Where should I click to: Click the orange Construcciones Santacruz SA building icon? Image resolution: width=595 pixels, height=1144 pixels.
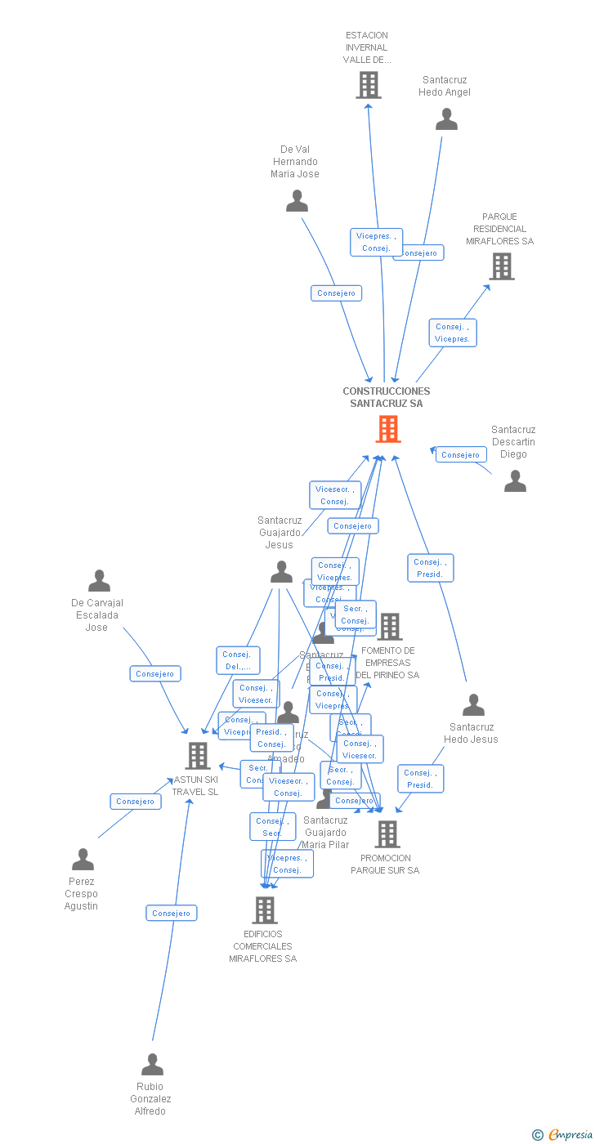pos(388,429)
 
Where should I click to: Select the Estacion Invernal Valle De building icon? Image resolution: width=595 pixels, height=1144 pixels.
pos(369,85)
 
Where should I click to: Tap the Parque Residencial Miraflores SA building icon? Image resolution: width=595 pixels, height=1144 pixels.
pos(501,266)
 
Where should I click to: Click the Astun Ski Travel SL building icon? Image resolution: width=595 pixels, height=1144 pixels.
pos(198,756)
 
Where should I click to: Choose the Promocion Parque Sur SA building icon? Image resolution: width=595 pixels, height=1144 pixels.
pos(387,834)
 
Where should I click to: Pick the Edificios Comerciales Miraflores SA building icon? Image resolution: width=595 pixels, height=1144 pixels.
pos(264,909)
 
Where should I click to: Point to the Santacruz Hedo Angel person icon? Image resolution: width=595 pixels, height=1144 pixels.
pos(446,119)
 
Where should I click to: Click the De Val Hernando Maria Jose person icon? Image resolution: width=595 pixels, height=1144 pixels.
pos(297,201)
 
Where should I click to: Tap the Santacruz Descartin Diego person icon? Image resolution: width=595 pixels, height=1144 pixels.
pos(515,481)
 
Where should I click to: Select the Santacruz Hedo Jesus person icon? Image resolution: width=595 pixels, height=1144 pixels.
pos(473,705)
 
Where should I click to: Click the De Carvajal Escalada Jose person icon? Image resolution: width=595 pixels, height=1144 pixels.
pos(99,581)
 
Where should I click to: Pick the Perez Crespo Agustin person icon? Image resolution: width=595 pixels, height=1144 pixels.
pos(83,860)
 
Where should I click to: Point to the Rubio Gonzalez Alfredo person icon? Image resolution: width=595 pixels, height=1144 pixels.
pos(152,1065)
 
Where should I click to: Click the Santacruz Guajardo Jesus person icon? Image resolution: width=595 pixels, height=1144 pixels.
pos(281,572)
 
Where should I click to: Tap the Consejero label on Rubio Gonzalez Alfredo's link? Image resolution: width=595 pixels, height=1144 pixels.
pos(172,913)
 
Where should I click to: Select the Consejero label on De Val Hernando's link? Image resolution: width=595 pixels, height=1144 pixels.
pos(336,293)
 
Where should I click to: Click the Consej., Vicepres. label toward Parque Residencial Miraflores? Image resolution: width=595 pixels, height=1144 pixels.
pos(453,333)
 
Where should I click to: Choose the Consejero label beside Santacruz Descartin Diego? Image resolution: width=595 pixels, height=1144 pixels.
pos(461,454)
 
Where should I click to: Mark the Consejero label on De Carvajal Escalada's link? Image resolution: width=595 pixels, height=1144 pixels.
pos(155,673)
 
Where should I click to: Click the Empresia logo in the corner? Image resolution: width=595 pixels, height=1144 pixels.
pos(563,1134)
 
